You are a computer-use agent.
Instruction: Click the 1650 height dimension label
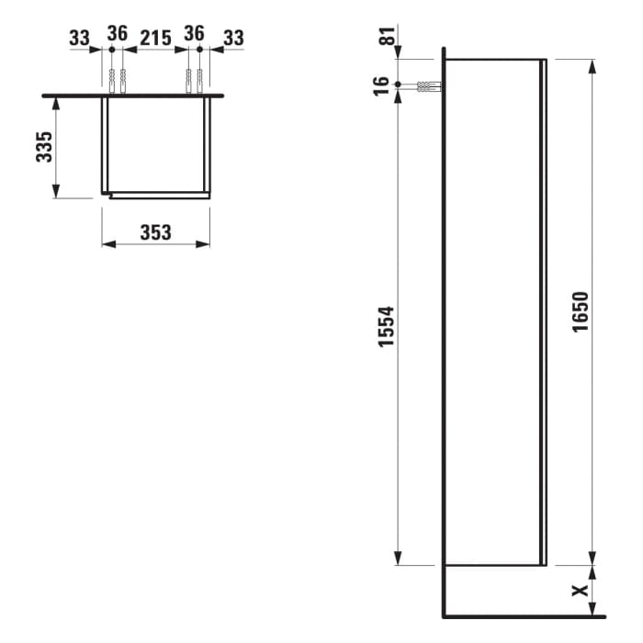coord(580,312)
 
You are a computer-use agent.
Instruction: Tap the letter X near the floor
coord(580,591)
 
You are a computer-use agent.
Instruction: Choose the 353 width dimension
coord(155,232)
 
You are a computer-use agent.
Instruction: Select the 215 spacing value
coord(155,38)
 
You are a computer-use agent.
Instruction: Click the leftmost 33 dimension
coord(79,38)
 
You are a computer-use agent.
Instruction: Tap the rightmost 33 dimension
coord(234,38)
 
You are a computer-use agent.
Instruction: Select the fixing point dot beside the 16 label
coord(398,85)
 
